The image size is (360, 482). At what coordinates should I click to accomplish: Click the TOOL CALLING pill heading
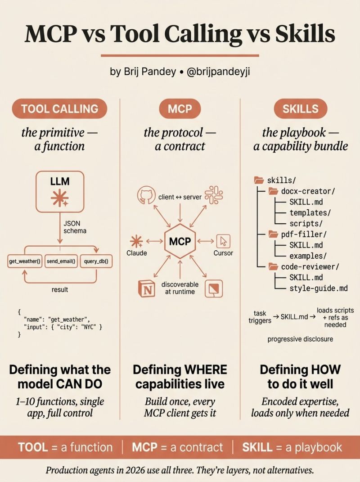pos(59,109)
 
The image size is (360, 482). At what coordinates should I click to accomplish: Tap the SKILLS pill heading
pos(300,109)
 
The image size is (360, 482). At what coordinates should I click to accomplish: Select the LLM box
pos(60,192)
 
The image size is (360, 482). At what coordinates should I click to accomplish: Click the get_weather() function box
pos(25,261)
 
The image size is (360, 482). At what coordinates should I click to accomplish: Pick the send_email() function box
pos(61,261)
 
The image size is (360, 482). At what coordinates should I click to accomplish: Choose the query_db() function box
pos(96,261)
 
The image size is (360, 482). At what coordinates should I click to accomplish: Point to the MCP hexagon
pos(180,242)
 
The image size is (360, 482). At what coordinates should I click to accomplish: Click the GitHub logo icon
pos(146,195)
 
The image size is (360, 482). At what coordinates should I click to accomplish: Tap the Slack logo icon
pos(214,195)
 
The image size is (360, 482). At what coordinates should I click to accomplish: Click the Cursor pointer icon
pos(223,241)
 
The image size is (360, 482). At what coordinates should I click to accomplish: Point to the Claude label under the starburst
pos(136,253)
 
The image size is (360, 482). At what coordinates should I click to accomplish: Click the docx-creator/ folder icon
pos(273,191)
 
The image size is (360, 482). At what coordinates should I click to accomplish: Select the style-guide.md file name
pos(319,288)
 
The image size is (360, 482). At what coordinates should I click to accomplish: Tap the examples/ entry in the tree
pos(308,256)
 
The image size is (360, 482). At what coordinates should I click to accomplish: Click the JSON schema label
pos(75,227)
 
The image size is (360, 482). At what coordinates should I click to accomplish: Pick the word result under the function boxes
pos(60,289)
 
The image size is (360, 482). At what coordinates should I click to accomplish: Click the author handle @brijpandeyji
pos(218,72)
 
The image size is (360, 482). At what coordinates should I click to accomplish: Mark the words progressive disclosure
pos(300,339)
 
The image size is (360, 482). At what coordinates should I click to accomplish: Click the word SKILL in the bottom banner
pos(257,447)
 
